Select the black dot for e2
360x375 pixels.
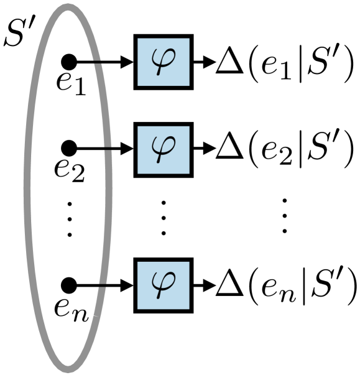tap(69, 147)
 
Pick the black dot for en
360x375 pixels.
tap(69, 285)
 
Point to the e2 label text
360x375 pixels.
tap(73, 169)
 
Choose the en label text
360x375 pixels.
tap(75, 306)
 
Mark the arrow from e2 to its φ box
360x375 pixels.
tap(103, 147)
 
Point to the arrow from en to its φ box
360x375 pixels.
tap(103, 285)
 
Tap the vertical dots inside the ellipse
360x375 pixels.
tap(70, 218)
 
